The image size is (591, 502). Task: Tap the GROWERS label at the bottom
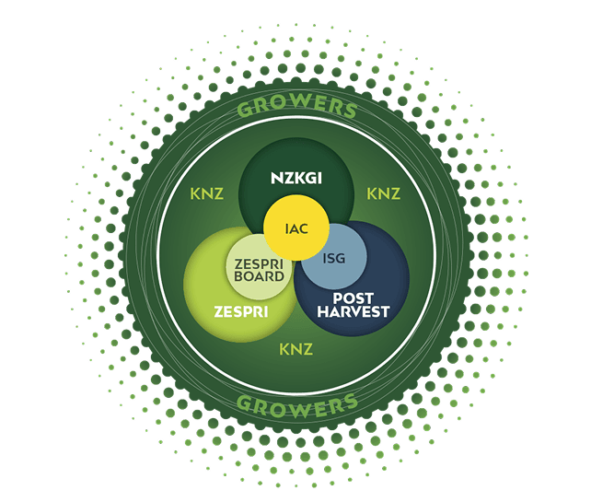point(296,403)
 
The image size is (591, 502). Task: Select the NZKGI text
point(295,178)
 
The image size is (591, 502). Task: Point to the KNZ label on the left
point(207,194)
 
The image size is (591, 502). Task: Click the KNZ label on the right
point(383,194)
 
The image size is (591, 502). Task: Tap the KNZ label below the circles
point(295,350)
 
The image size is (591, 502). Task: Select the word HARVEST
point(353,312)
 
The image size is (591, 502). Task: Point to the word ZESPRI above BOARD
point(259,262)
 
